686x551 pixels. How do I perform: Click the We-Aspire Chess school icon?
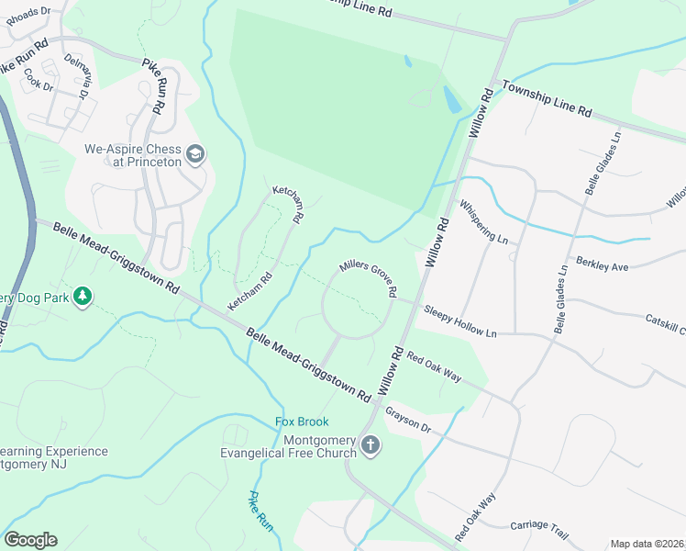194,154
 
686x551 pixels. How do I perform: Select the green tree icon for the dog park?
83,296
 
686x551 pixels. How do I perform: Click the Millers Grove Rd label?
368,276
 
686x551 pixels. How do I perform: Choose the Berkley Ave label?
602,265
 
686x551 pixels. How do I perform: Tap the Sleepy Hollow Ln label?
459,321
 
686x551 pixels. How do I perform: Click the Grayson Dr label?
408,419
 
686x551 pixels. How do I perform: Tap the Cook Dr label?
39,81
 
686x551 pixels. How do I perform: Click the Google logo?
30,540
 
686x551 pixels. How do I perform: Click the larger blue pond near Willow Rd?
451,99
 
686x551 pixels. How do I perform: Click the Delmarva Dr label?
76,75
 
